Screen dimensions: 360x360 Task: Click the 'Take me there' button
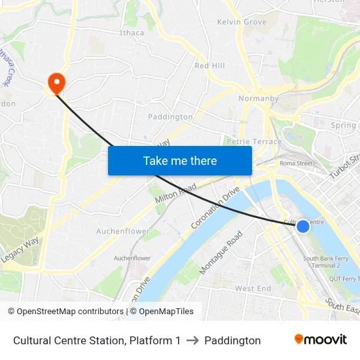click(180, 160)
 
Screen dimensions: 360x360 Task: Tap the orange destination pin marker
click(57, 82)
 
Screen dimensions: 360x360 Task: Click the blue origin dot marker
click(303, 226)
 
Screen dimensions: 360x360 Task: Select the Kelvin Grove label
click(242, 22)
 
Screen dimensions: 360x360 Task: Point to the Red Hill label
click(209, 65)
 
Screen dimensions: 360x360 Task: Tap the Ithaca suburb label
click(132, 33)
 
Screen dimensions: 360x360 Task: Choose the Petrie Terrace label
click(253, 141)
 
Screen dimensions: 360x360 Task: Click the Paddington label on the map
click(170, 117)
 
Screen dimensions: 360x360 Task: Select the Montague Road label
click(221, 252)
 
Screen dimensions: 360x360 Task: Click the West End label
click(253, 289)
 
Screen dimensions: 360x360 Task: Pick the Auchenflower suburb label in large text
click(122, 232)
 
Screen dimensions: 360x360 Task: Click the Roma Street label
click(296, 164)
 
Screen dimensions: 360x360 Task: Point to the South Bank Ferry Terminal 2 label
click(326, 262)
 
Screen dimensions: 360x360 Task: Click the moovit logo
click(320, 340)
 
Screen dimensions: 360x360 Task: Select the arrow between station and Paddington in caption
click(192, 340)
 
